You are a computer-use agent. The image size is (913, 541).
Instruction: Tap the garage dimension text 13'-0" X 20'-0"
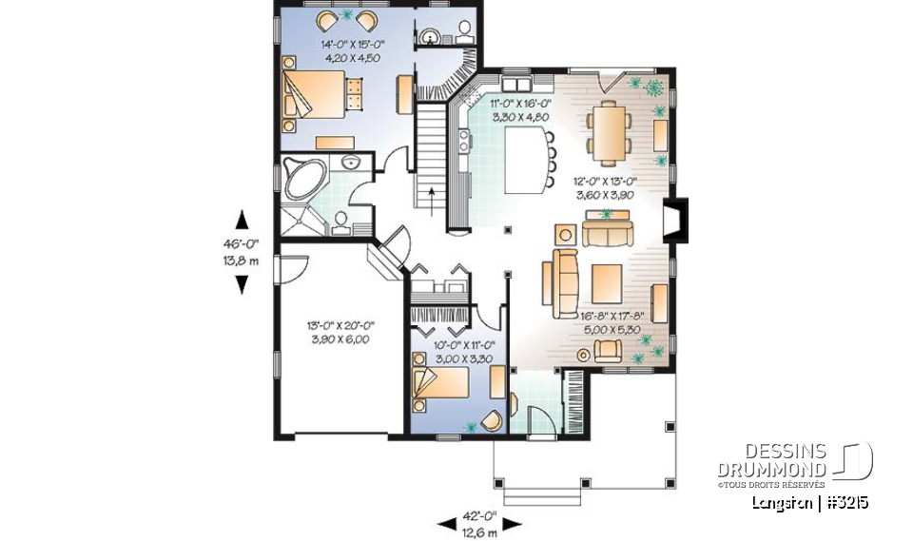340,332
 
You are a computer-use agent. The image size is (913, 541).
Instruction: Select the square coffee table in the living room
606,281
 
